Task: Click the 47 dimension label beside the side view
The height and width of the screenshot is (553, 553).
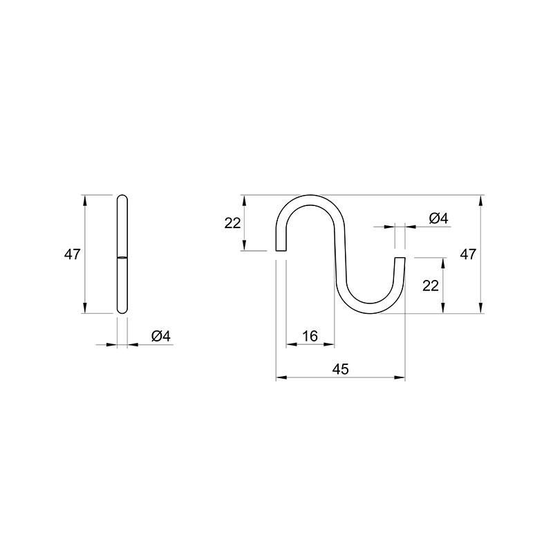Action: [x=73, y=254]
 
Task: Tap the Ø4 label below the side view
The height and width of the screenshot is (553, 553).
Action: [x=161, y=336]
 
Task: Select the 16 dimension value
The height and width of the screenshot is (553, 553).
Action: [x=310, y=336]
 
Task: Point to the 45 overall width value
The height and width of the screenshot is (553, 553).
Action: [x=340, y=369]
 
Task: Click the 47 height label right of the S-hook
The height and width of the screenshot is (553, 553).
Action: [x=468, y=254]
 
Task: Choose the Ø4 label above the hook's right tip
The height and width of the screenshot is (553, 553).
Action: [x=438, y=218]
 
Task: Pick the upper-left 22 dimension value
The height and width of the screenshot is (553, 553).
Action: [x=232, y=223]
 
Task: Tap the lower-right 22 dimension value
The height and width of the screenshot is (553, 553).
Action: [x=431, y=285]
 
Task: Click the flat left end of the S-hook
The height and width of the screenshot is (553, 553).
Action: [x=281, y=250]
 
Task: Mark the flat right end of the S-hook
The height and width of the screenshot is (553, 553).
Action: [x=400, y=258]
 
